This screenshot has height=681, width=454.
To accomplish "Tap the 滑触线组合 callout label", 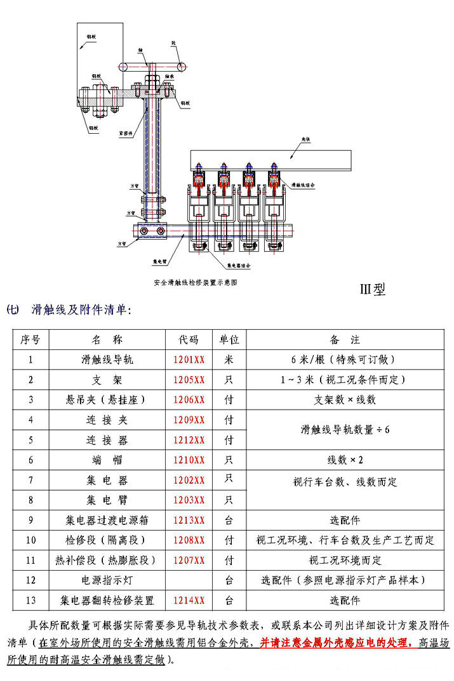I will (303, 185).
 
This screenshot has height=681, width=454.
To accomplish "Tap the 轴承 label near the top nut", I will (170, 75).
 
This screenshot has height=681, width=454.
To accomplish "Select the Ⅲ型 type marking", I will (373, 290).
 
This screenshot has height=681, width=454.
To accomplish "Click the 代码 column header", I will (189, 340).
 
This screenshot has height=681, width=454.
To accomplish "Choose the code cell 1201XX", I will (189, 360).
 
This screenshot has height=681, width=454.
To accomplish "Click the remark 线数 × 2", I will (345, 460).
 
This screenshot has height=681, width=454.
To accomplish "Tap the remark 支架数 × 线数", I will (345, 400).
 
